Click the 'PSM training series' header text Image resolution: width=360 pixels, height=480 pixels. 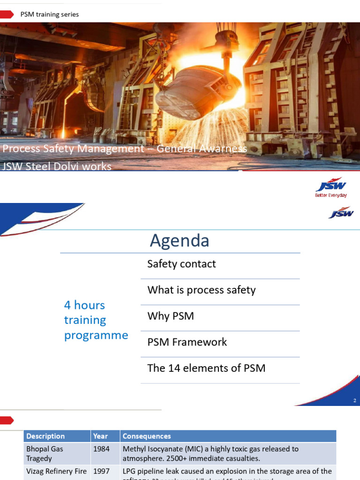(x=49, y=15)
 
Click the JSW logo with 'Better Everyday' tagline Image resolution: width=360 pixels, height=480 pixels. (x=331, y=187)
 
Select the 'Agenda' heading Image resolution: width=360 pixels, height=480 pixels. (x=180, y=240)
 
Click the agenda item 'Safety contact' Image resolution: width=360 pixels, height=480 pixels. (x=181, y=264)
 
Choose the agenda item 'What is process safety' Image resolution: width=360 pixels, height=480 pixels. (x=202, y=290)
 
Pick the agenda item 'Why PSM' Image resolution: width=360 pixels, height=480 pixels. (x=171, y=316)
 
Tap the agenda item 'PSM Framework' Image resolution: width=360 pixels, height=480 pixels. (x=187, y=342)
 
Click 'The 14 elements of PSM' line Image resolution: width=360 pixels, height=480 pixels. (x=206, y=368)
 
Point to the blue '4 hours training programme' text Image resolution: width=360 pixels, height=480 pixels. (x=96, y=320)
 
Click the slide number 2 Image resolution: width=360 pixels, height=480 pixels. (x=355, y=401)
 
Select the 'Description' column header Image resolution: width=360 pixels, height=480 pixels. (x=45, y=436)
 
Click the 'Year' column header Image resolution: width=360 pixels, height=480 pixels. (x=100, y=436)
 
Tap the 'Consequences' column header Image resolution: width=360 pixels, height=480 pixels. (x=147, y=436)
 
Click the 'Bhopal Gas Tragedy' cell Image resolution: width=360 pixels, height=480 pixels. (x=45, y=453)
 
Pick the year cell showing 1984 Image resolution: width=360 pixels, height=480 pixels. (x=101, y=449)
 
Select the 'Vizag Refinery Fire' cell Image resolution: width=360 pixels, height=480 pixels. (x=56, y=471)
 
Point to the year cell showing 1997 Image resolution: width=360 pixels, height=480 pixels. (x=101, y=471)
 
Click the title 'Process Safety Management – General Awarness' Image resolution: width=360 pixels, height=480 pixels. (x=125, y=149)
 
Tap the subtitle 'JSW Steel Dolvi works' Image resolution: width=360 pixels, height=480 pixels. (x=57, y=166)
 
